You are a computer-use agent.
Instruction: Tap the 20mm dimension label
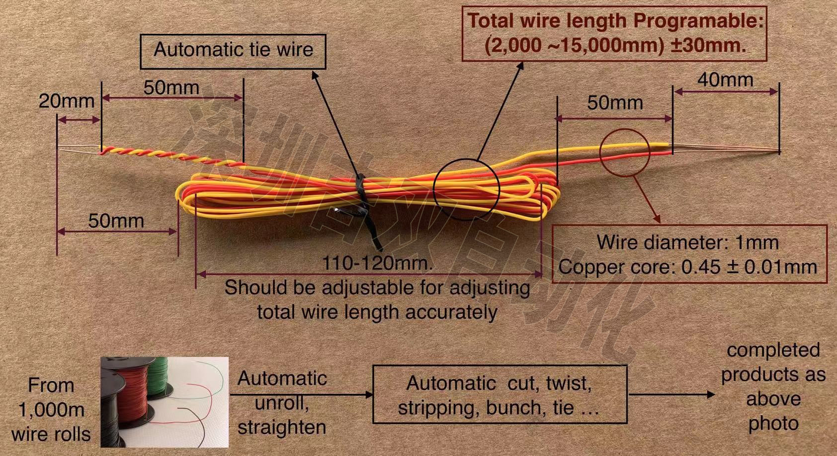tap(66, 101)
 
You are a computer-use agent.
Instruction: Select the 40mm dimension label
tap(725, 80)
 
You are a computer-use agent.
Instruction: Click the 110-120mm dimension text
tap(377, 263)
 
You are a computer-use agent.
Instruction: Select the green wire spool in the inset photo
tap(159, 377)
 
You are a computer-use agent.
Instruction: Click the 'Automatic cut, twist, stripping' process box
tap(499, 395)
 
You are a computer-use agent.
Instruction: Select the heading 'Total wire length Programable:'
tap(615, 21)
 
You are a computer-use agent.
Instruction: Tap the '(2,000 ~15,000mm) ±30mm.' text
tap(615, 46)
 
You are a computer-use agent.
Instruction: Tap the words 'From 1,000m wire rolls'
tap(51, 410)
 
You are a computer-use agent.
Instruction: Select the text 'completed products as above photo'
tap(772, 386)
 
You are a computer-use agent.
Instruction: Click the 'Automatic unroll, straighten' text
tap(281, 402)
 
